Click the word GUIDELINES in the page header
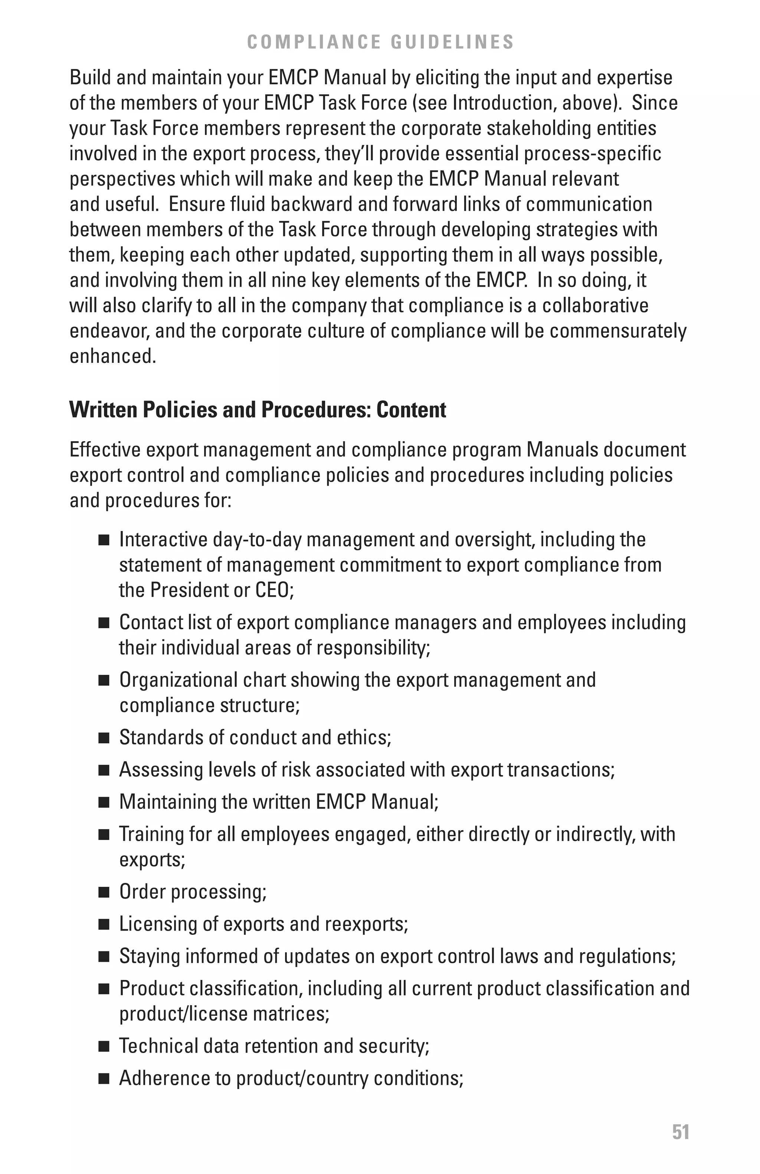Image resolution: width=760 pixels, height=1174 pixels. click(452, 42)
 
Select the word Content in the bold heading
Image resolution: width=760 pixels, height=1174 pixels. click(411, 410)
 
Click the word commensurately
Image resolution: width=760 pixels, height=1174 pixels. click(618, 331)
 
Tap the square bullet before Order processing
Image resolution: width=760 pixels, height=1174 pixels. click(104, 892)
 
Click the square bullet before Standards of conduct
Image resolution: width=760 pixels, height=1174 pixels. click(104, 738)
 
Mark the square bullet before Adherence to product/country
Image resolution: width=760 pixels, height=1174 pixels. click(104, 1079)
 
